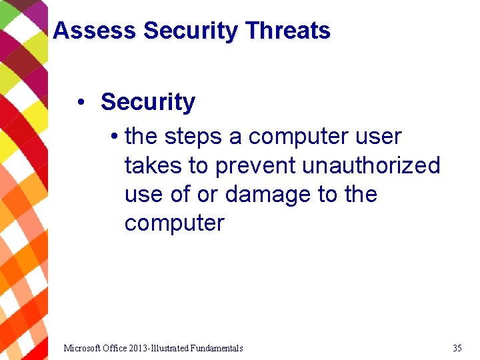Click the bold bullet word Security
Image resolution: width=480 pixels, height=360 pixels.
pyautogui.click(x=147, y=102)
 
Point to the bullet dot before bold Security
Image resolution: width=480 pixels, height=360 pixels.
pyautogui.click(x=80, y=103)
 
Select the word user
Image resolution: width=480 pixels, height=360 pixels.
pyautogui.click(x=379, y=137)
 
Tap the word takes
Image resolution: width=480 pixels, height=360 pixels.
pyautogui.click(x=153, y=165)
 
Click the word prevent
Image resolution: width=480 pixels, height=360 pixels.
pyautogui.click(x=257, y=165)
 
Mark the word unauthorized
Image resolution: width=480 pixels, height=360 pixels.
pyautogui.click(x=371, y=165)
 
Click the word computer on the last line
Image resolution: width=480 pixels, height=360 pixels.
pyautogui.click(x=174, y=223)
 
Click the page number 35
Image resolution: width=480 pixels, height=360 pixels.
pyautogui.click(x=457, y=348)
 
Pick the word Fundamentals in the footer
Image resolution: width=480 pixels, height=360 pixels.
pyautogui.click(x=216, y=348)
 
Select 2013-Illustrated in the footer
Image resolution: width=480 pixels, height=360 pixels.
pyautogui.click(x=161, y=348)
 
